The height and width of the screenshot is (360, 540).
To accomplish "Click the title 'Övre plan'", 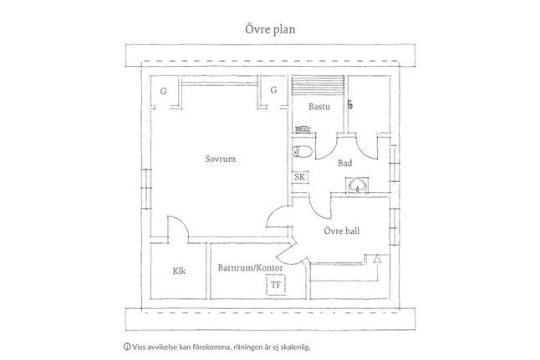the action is [x=270, y=29].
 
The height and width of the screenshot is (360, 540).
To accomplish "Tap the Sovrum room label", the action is [x=221, y=159].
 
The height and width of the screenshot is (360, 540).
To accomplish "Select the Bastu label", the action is [x=319, y=106].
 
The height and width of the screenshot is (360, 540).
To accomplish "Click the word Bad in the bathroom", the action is [x=344, y=163].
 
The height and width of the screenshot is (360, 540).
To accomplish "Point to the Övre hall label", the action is [x=342, y=231].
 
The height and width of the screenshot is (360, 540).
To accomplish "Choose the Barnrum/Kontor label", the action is [x=251, y=268].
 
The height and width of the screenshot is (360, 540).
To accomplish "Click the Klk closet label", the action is [x=179, y=271].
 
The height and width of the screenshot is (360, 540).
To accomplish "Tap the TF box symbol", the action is [x=276, y=285].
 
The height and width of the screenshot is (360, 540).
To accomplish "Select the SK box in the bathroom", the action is [x=299, y=177].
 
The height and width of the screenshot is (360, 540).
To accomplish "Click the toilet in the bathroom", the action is [x=302, y=151].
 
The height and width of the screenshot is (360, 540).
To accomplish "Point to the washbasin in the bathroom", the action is [x=358, y=186].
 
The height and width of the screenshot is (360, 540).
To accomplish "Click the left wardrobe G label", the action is [x=164, y=91].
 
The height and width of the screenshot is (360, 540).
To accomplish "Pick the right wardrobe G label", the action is [x=273, y=90].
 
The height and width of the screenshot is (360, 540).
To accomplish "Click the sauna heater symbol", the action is [x=303, y=129].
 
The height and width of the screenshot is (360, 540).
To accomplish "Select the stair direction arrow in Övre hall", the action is [x=378, y=258].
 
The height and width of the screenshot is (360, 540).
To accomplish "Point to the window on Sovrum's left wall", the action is [x=146, y=189].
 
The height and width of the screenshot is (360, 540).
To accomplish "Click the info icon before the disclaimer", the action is [x=126, y=347].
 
